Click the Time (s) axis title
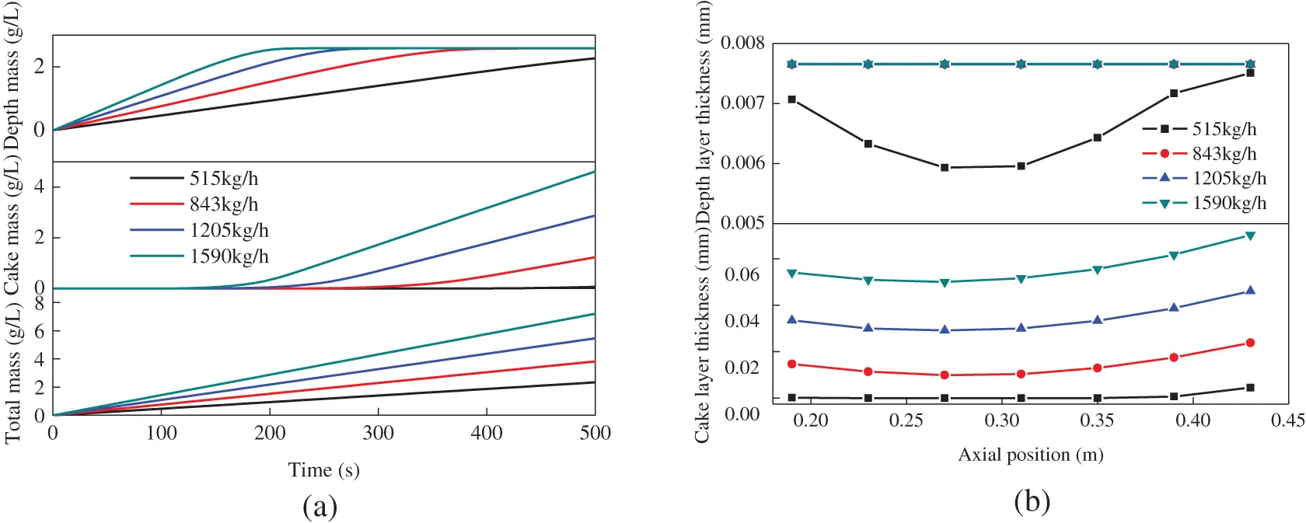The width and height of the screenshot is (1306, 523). point(323,470)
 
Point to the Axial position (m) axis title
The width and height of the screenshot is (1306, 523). point(1030,455)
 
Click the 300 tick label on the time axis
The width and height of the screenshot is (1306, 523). point(378,433)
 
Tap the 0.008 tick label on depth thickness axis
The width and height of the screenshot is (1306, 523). point(742,43)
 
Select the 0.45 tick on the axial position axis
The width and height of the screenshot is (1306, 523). point(1287,420)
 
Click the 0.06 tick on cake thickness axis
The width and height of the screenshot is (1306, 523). point(742,274)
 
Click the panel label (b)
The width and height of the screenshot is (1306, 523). point(1032,501)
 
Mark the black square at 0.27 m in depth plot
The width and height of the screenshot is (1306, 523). point(945,167)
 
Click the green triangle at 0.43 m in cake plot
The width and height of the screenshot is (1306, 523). point(1250,235)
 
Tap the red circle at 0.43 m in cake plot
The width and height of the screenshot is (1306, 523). point(1250,343)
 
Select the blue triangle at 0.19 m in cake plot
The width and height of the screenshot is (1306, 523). point(791,319)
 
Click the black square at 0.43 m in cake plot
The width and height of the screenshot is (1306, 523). point(1250,387)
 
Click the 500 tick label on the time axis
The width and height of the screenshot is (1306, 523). point(595,433)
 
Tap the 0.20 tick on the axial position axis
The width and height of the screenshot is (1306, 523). point(810,420)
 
